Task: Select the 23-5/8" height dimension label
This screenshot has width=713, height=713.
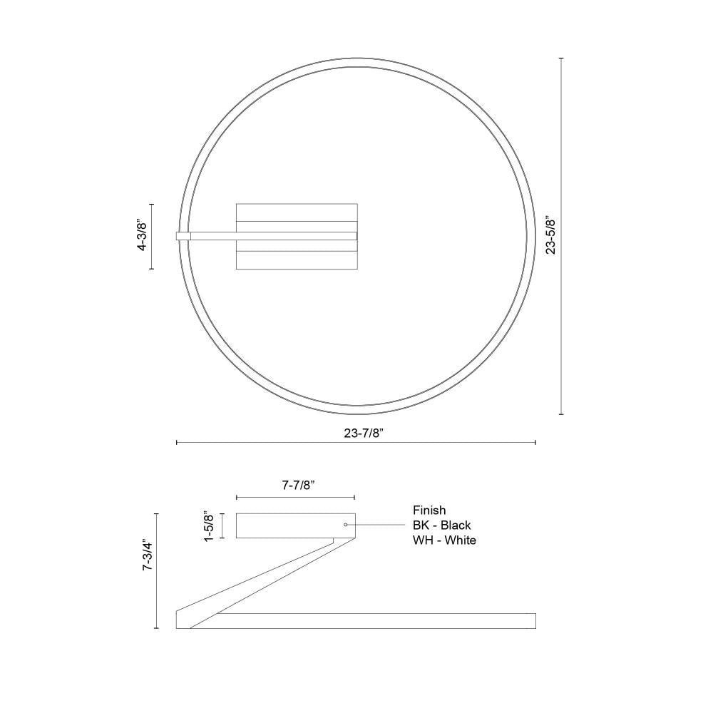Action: [550, 235]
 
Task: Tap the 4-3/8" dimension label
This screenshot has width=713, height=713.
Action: [142, 236]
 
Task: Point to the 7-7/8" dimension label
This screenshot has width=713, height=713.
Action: [294, 484]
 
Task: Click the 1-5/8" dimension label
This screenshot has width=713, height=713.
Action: [210, 525]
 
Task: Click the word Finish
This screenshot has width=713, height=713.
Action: [429, 511]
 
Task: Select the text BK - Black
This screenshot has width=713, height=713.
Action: [441, 525]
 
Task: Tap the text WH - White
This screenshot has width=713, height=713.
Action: [443, 540]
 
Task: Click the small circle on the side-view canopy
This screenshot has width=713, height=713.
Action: [346, 525]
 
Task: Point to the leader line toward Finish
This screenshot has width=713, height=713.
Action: [378, 525]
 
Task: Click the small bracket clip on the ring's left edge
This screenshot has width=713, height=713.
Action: [183, 236]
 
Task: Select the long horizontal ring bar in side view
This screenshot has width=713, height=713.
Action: [371, 620]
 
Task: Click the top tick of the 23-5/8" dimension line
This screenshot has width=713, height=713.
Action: [562, 58]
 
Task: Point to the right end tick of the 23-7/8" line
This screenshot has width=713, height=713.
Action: [535, 443]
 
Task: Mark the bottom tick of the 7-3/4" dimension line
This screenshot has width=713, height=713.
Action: [156, 628]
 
